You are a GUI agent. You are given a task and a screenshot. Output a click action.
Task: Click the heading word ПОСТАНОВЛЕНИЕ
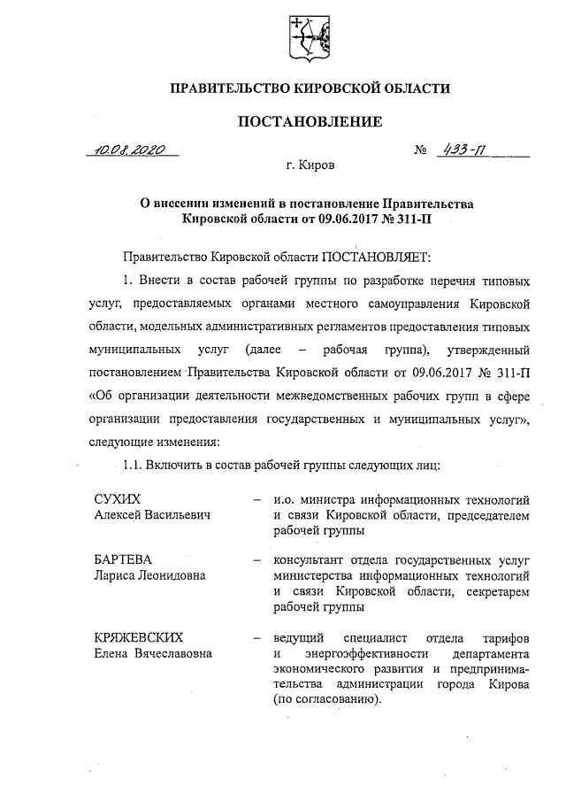click(310, 120)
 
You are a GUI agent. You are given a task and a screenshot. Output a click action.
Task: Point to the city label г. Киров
click(310, 166)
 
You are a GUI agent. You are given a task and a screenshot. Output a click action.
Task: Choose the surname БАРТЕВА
click(124, 559)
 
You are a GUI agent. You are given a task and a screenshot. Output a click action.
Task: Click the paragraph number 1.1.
click(133, 464)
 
